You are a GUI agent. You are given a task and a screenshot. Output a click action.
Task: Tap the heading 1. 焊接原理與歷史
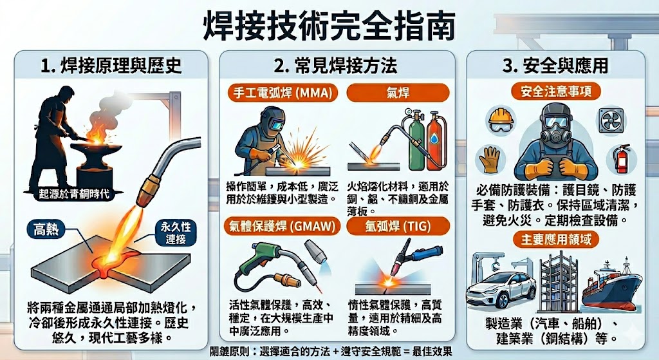click(x=111, y=66)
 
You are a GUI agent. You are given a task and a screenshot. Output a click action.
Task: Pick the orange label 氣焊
click(x=393, y=93)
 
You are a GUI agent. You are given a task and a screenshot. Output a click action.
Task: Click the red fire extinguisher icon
click(x=620, y=159)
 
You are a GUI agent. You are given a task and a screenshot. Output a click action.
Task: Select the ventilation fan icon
click(x=611, y=120)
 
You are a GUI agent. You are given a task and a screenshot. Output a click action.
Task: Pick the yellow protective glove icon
click(x=490, y=160)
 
